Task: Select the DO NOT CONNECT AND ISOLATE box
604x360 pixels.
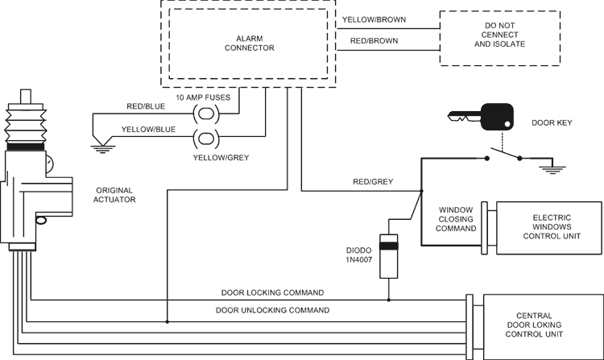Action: coord(499,39)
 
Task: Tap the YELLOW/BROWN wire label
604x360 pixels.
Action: coord(374,19)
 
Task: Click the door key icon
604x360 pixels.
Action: coord(483,118)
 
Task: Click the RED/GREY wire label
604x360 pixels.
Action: coord(372,182)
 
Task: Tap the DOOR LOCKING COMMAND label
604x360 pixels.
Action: coord(272,292)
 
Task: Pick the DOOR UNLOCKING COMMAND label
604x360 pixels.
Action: coord(272,309)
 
